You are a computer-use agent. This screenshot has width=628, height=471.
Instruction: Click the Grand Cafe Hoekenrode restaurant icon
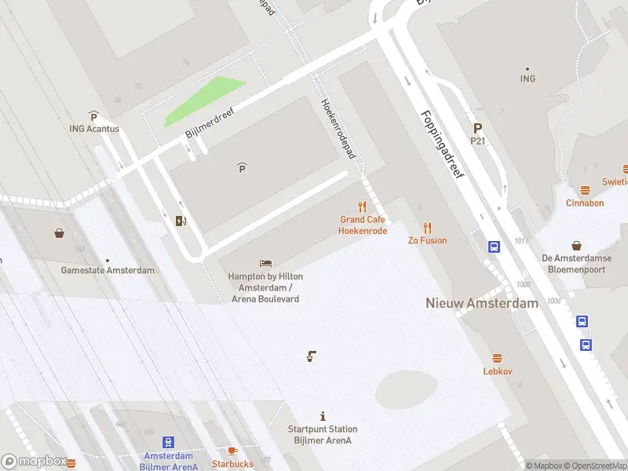362,206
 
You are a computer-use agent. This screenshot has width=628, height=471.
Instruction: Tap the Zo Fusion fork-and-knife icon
427,228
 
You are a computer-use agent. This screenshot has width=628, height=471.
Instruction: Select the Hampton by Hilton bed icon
265,264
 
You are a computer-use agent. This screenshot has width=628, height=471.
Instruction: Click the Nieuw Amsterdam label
482,303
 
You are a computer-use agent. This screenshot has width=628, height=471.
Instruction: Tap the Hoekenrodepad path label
338,129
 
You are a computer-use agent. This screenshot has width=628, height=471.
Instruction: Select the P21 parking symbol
477,128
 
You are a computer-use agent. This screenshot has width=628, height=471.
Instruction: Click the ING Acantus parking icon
93,116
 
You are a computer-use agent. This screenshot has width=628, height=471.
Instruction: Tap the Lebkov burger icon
497,358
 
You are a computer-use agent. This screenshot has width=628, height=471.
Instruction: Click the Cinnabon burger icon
585,190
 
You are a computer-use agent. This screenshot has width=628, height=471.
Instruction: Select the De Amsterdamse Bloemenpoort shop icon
577,246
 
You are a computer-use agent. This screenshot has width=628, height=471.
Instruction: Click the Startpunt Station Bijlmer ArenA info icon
323,416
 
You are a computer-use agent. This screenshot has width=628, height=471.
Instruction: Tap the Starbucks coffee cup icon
232,451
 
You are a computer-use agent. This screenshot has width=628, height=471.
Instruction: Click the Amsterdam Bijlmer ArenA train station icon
169,443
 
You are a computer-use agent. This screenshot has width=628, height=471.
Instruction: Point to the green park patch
203,102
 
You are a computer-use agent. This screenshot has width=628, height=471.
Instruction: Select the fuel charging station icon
181,221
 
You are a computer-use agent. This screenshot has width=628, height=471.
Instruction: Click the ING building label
528,78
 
